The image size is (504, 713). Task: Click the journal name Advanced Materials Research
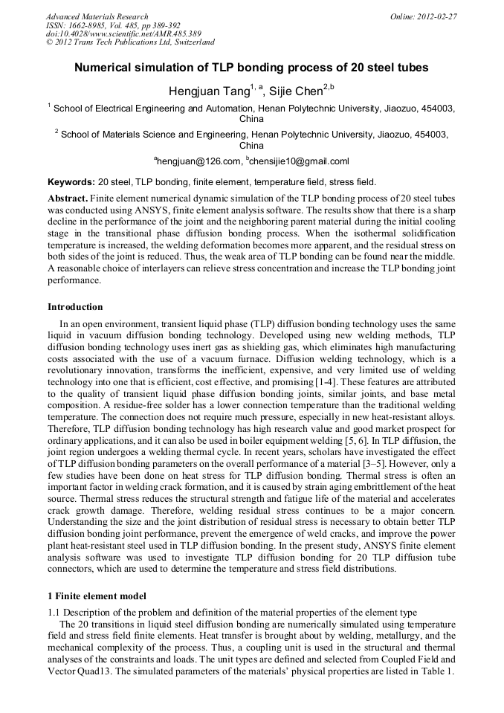point(97,16)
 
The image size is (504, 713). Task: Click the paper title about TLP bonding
point(251,68)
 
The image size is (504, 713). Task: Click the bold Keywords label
point(71,181)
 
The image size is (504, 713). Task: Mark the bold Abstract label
point(68,199)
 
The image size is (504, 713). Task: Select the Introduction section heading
point(75,307)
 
